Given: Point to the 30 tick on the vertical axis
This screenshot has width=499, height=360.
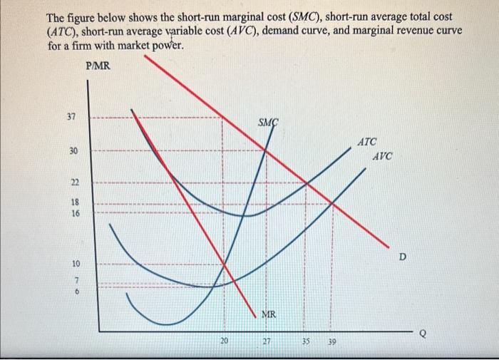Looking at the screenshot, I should pos(73,151).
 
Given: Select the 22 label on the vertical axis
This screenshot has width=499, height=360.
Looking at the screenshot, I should pos(73,183).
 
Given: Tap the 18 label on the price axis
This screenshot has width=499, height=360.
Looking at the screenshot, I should pos(75,202).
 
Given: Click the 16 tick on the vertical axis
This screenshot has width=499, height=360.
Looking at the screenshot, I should pos(75,213).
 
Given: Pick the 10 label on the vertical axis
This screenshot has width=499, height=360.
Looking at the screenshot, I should pos(75,263).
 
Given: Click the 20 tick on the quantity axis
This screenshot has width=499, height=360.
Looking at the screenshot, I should pos(224,341).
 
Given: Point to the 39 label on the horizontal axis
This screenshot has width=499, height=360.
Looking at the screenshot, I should pos(331,341).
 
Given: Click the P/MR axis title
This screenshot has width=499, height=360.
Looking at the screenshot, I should pos(97,66).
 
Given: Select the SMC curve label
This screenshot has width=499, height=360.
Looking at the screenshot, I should pos(268,123).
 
